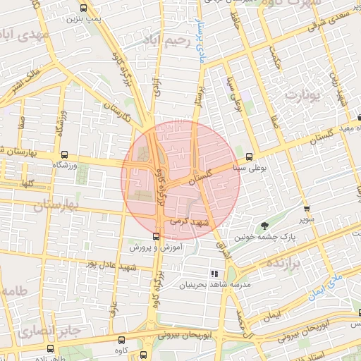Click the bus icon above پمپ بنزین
[x=83, y=9]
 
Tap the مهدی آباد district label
[x=25, y=34]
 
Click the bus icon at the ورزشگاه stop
[x=65, y=156]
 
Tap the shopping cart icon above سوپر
[x=306, y=209]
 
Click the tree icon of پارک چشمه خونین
[x=264, y=226]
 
